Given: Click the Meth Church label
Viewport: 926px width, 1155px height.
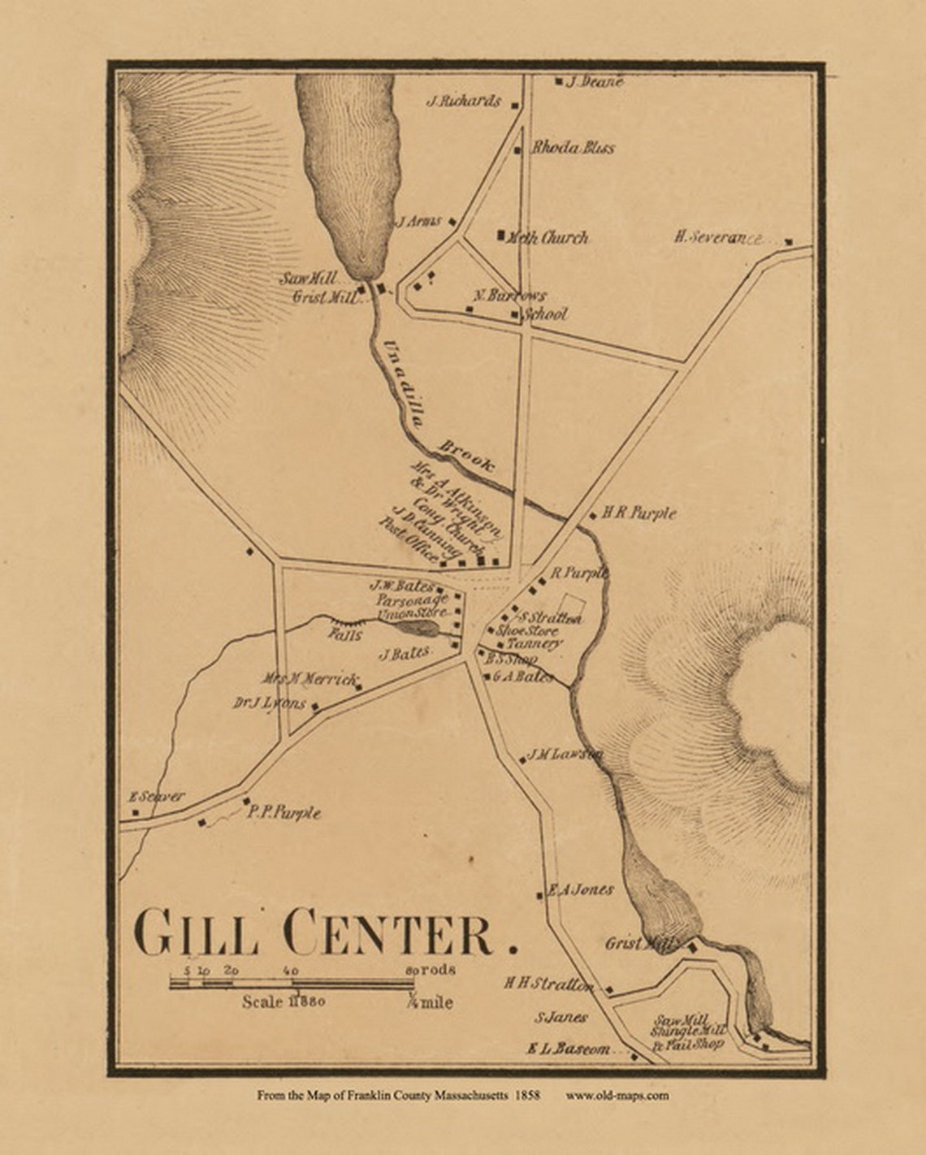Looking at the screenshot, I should click(547, 238).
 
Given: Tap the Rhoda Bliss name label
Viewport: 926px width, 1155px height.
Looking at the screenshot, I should click(573, 148).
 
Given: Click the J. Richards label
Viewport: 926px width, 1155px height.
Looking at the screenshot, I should click(464, 102).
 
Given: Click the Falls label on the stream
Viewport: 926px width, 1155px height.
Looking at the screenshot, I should click(346, 635).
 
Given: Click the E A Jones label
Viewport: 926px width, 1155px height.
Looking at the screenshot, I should click(581, 889).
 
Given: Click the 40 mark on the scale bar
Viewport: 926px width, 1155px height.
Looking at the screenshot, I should click(292, 971).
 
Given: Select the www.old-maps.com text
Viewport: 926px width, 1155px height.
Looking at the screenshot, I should click(617, 1096).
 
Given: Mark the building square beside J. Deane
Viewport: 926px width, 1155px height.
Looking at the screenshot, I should click(559, 81).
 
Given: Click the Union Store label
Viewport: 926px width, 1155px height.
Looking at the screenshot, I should click(412, 612).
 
